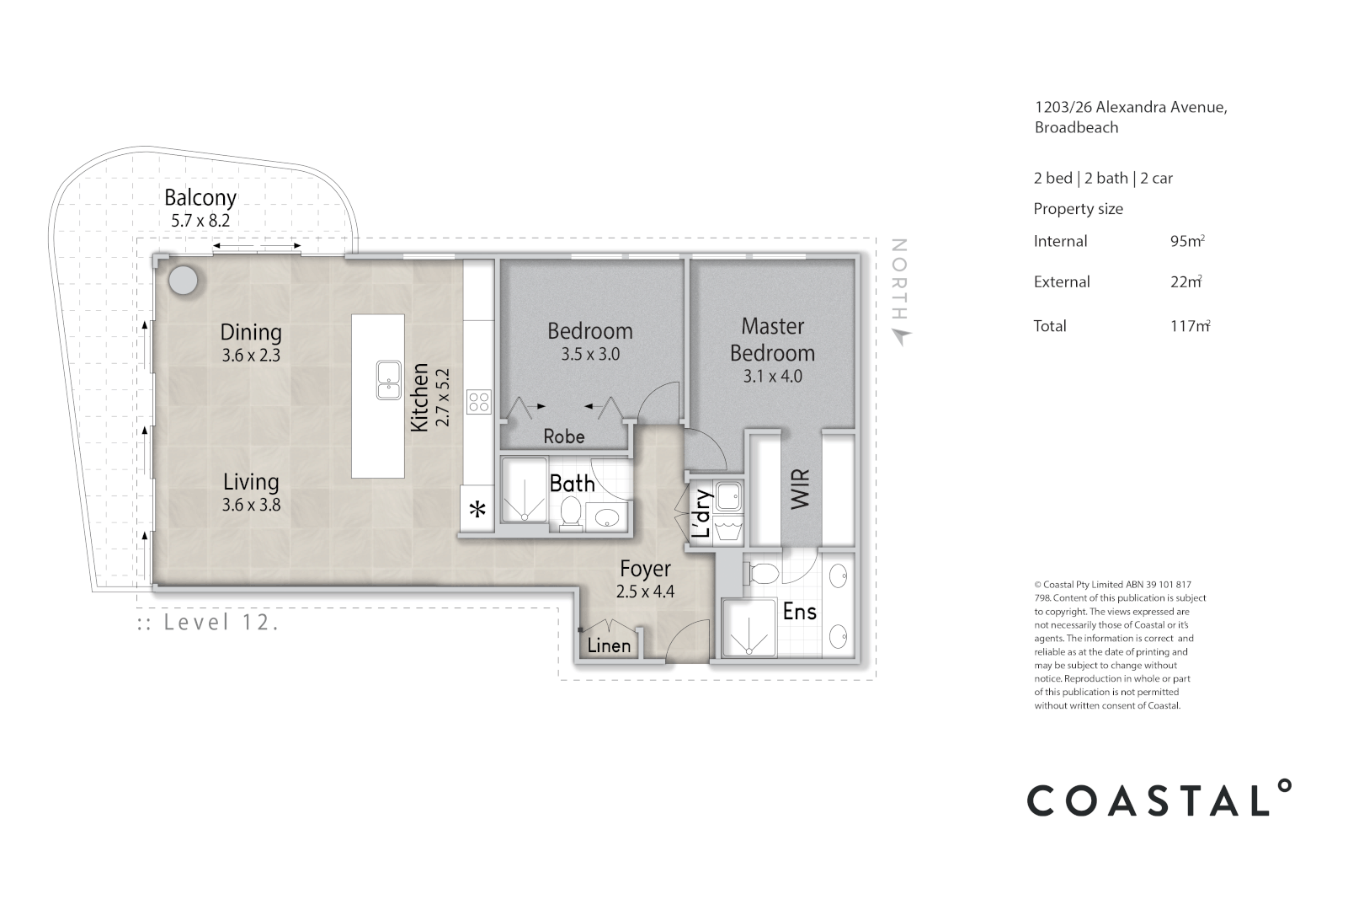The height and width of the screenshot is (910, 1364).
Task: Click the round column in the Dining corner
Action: pyautogui.click(x=184, y=281)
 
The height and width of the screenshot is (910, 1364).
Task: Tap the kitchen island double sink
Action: pyautogui.click(x=389, y=381)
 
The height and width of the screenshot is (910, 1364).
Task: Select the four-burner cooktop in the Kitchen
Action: pyautogui.click(x=479, y=401)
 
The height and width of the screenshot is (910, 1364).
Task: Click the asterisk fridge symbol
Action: pyautogui.click(x=477, y=510)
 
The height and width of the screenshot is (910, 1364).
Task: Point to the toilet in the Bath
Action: pyautogui.click(x=571, y=513)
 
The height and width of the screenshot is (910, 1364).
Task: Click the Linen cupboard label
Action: pyautogui.click(x=609, y=645)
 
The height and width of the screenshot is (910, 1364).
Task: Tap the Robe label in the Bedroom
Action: pyautogui.click(x=563, y=436)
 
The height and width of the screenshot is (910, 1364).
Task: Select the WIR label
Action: pyautogui.click(x=800, y=488)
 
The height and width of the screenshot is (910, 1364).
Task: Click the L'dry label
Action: pyautogui.click(x=702, y=513)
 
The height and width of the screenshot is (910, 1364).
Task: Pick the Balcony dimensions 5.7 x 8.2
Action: pyautogui.click(x=200, y=222)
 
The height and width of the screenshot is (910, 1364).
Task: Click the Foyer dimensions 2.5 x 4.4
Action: pyautogui.click(x=645, y=591)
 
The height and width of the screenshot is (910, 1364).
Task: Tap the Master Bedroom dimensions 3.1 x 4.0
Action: pyautogui.click(x=772, y=377)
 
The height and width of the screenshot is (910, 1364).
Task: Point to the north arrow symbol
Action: pyautogui.click(x=901, y=336)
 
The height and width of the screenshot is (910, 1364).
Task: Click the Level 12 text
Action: pyautogui.click(x=208, y=623)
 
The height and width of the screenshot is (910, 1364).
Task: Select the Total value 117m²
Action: pyautogui.click(x=1189, y=326)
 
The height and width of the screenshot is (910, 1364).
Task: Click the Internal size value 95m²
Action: pyautogui.click(x=1186, y=241)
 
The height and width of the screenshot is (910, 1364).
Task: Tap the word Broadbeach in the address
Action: pyautogui.click(x=1076, y=127)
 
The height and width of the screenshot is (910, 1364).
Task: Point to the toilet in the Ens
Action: pyautogui.click(x=764, y=573)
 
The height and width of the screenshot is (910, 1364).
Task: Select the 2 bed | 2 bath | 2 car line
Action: pyautogui.click(x=1103, y=178)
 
